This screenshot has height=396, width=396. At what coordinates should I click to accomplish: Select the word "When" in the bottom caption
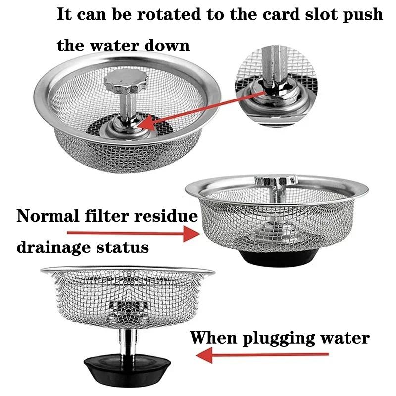pos(213,338)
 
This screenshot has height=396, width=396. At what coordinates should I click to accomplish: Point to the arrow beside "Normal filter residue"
pos(132,233)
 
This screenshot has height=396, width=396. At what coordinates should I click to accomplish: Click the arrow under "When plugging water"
pos(262,354)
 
